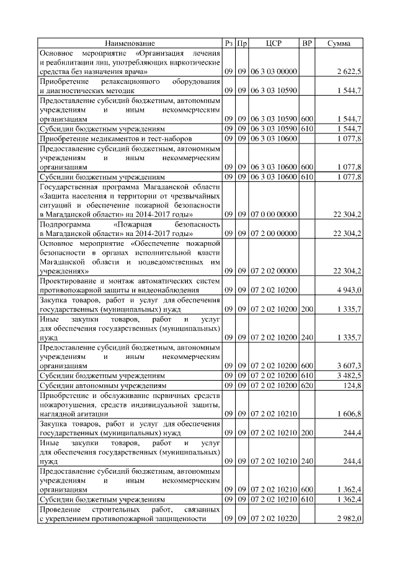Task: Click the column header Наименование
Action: click(x=130, y=43)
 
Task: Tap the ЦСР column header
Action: click(x=274, y=43)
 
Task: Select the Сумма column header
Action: click(x=340, y=43)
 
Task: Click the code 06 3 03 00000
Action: click(x=274, y=72)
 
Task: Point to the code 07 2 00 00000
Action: click(x=274, y=233)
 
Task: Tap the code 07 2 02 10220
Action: click(x=274, y=519)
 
